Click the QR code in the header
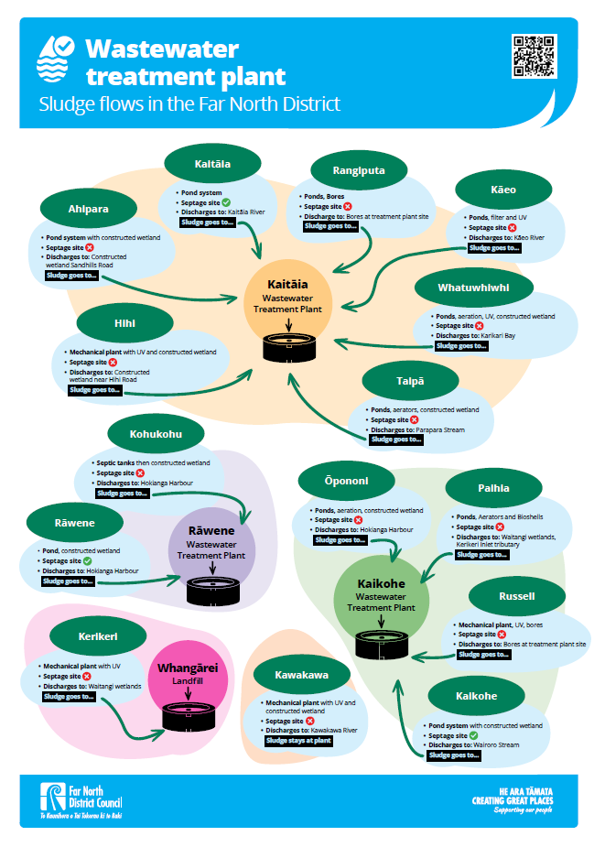tap(534, 56)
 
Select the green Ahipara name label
tap(88, 209)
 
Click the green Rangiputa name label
tap(347, 170)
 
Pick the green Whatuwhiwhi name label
tap(473, 288)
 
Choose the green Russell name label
tap(517, 596)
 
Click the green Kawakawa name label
tap(301, 677)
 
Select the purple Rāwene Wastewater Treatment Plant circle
tap(211, 544)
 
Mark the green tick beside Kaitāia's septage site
tap(225, 202)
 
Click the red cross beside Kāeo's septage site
tap(512, 227)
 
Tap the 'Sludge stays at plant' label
tap(297, 742)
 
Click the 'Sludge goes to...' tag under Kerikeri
tap(70, 696)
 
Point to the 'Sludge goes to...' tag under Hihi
tap(95, 390)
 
